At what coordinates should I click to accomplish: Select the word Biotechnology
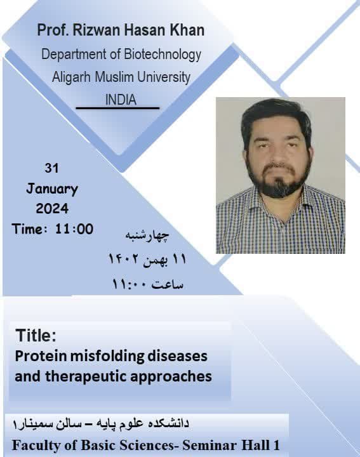click(x=163, y=55)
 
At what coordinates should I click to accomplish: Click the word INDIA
click(x=121, y=100)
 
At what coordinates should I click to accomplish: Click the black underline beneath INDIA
click(x=117, y=108)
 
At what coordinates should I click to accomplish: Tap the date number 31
click(x=51, y=168)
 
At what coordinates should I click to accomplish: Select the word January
click(x=52, y=189)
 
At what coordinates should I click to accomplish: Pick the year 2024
click(x=52, y=209)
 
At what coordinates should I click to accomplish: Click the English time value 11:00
click(x=74, y=229)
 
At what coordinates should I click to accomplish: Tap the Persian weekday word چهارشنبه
click(x=147, y=235)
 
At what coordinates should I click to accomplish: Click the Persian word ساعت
click(x=168, y=284)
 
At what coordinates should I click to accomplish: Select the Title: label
click(x=36, y=335)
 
